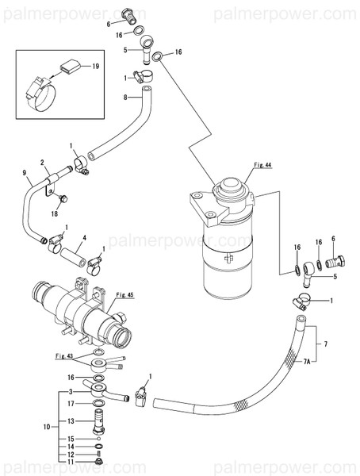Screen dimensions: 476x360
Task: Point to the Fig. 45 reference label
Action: coord(125,295)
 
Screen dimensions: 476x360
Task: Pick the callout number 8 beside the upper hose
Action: coord(124,97)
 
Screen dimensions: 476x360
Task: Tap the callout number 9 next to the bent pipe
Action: coord(25,174)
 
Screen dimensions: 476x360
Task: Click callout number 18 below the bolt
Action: coord(56,213)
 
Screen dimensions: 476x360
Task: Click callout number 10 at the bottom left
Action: coord(47,427)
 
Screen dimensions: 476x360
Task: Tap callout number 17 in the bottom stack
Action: coord(71,404)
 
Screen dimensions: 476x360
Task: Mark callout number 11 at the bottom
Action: coord(71,461)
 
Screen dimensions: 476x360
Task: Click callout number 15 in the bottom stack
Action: coord(71,439)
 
